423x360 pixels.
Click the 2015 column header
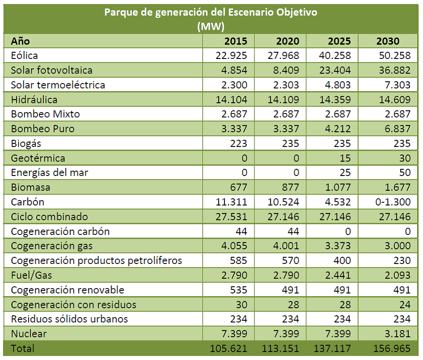point(236,41)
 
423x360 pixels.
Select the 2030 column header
point(388,41)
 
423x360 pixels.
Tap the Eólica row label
point(25,56)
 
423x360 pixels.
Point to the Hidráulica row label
point(34,100)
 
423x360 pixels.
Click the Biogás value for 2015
point(239,143)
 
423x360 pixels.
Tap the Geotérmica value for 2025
point(344,158)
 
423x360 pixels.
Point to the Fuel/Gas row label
point(28,275)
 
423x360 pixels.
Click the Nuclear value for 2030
point(396,334)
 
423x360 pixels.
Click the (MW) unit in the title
point(211,26)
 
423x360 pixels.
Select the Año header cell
point(20,41)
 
